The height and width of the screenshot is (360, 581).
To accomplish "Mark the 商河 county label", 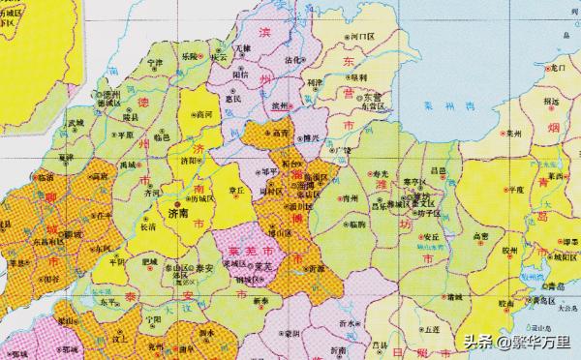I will pyautogui.click(x=201, y=114).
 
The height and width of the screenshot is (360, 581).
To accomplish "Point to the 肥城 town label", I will pyautogui.click(x=151, y=258).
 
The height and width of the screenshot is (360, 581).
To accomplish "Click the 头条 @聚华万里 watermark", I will pyautogui.click(x=515, y=340).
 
